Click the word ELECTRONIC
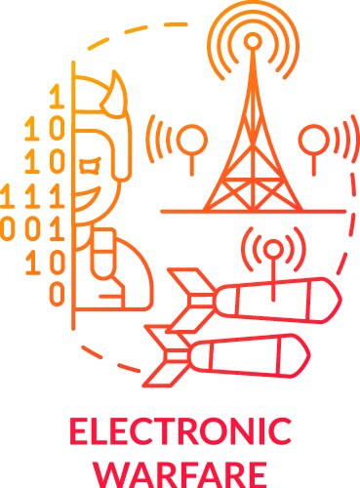[180, 429]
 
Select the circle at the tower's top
[254, 42]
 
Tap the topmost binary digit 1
[57, 96]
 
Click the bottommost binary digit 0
[57, 292]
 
